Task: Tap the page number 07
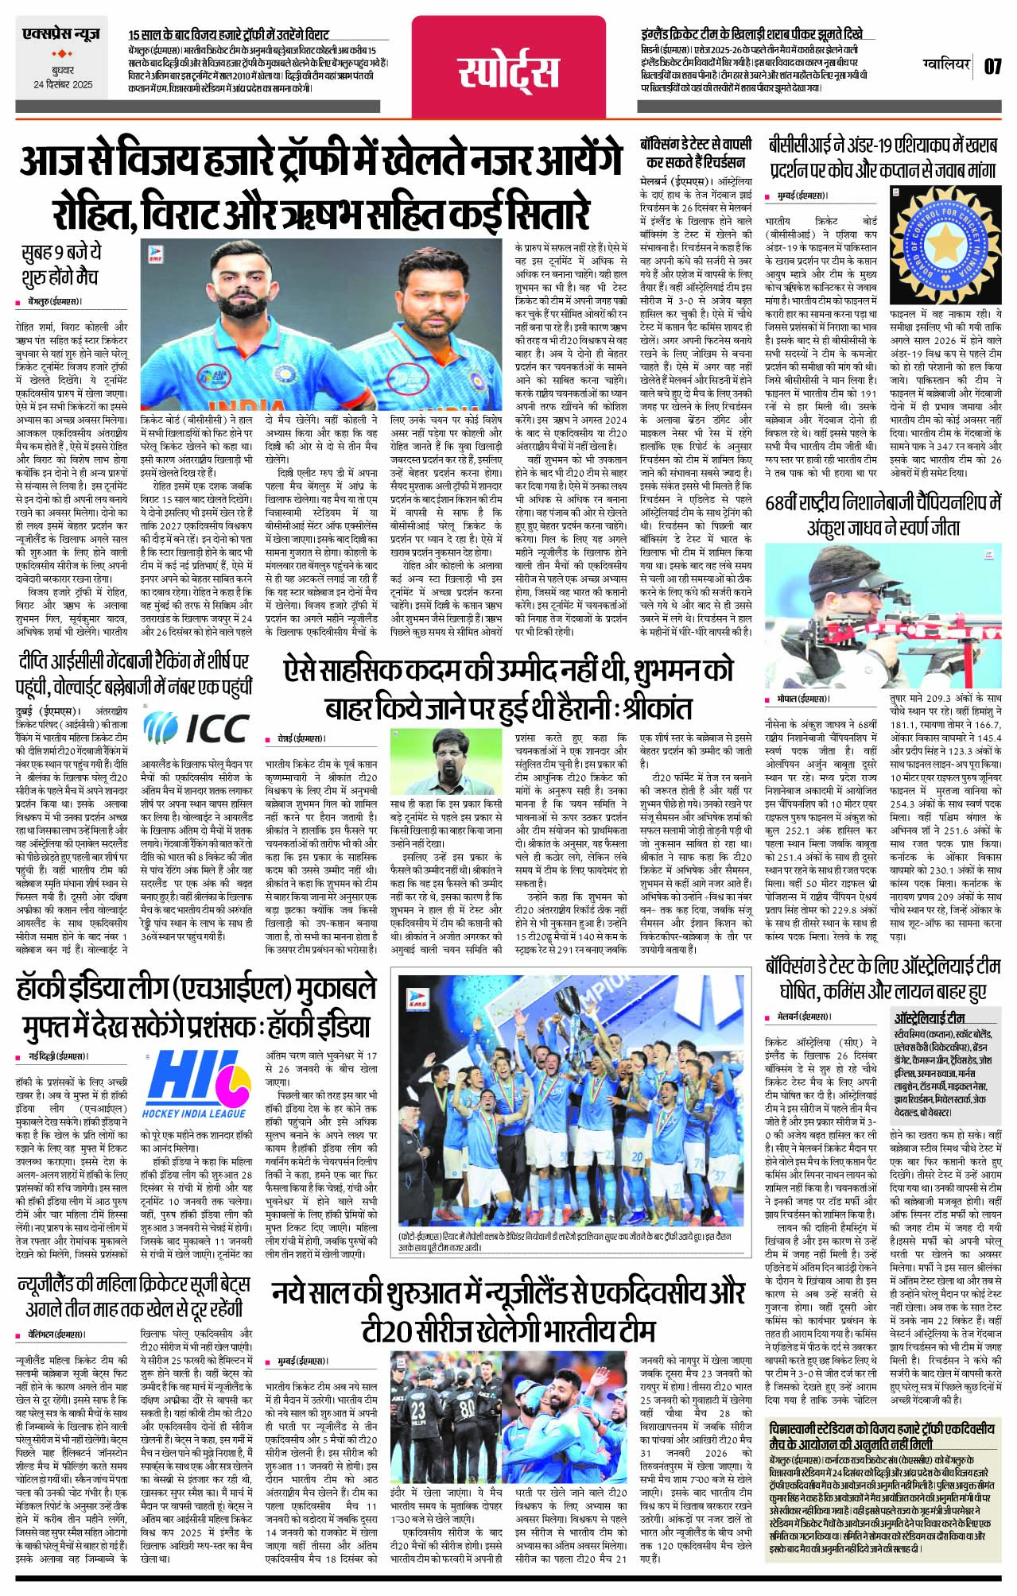coord(993,66)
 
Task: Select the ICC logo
coord(196,726)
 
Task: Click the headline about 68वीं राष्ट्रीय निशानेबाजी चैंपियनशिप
coord(883,515)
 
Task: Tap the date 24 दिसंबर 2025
coord(63,84)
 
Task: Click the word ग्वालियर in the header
coord(947,65)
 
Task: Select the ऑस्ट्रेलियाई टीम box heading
coord(930,1017)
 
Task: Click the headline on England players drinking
coord(751,34)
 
